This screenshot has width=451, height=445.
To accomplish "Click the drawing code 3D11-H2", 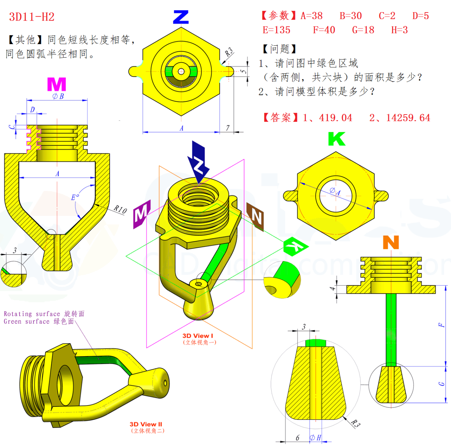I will coord(32,17).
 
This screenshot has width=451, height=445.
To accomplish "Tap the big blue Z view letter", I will coord(181,17).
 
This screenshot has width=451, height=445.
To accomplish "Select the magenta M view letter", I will coord(57,84).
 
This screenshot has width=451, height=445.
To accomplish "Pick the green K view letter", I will coord(336,139).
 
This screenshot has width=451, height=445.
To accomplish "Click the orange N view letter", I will coord(391,242).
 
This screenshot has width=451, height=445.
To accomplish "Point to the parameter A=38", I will coord(312,16).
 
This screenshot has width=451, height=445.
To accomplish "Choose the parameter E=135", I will coord(276,30).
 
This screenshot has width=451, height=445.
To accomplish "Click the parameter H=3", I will coord(399,30).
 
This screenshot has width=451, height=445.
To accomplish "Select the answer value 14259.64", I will coord(408,118).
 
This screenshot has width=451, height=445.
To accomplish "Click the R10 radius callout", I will coord(120,209).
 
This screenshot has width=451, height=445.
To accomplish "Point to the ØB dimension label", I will coord(58,96).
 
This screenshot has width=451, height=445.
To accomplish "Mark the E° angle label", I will coord(75,197).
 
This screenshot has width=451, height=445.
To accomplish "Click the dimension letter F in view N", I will coord(441,325).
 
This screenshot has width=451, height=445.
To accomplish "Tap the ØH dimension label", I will coord(315,438).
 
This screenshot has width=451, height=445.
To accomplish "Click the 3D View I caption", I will coord(198,336).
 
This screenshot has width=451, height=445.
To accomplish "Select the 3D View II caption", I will coord(146,424).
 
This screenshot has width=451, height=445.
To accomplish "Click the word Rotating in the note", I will coord(18,314).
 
